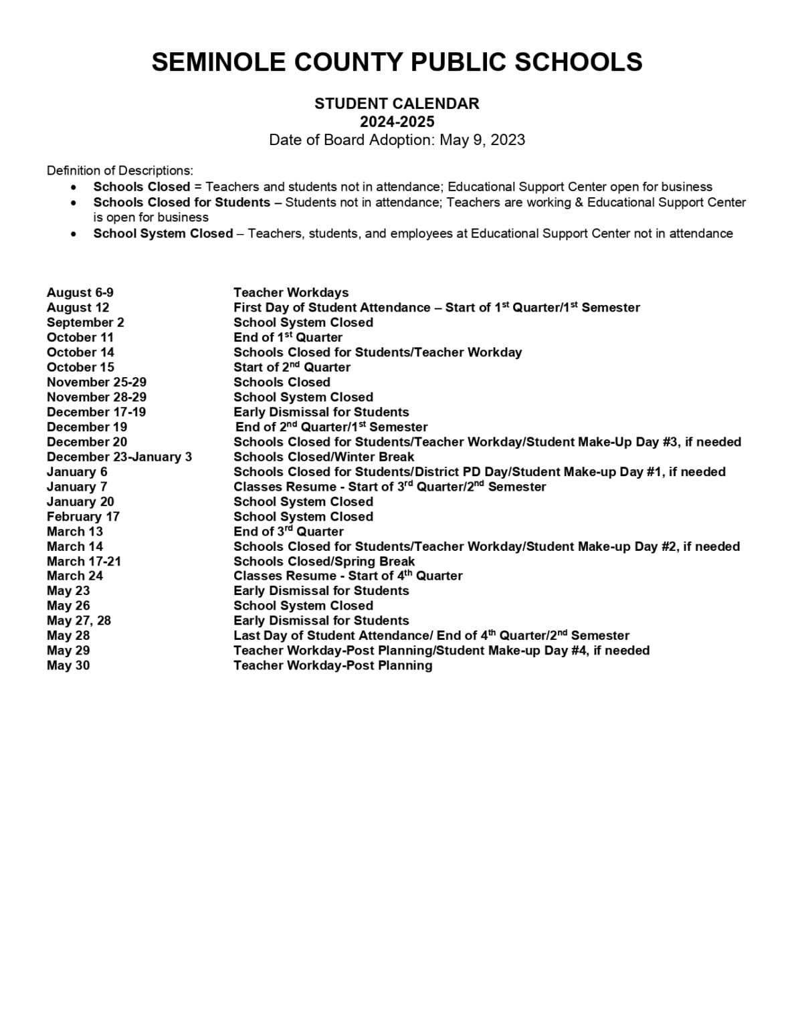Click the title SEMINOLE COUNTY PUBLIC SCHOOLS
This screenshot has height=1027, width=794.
pyautogui.click(x=397, y=62)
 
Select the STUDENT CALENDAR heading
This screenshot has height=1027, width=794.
pyautogui.click(x=397, y=104)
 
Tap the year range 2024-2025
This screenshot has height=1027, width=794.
pyautogui.click(x=397, y=122)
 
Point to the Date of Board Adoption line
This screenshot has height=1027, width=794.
pyautogui.click(x=397, y=140)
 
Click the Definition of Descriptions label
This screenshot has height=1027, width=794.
pyautogui.click(x=120, y=170)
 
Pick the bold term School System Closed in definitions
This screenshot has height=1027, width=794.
pyautogui.click(x=163, y=233)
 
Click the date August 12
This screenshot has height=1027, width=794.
pyautogui.click(x=78, y=308)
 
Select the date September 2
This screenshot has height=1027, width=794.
pyautogui.click(x=85, y=322)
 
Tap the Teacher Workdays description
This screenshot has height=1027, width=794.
pyautogui.click(x=291, y=293)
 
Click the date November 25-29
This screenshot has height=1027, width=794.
pyautogui.click(x=96, y=382)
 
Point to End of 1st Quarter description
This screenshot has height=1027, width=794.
pyautogui.click(x=288, y=338)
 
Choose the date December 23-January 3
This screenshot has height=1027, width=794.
pyautogui.click(x=119, y=457)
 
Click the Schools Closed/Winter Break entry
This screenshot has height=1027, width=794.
pyautogui.click(x=324, y=457)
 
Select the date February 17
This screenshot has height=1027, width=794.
pyautogui.click(x=83, y=517)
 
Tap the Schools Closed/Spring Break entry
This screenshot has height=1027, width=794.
pyautogui.click(x=324, y=562)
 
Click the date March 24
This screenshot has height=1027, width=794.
pyautogui.click(x=75, y=576)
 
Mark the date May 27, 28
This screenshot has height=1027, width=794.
pyautogui.click(x=79, y=620)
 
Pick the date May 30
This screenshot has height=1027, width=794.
pyautogui.click(x=68, y=665)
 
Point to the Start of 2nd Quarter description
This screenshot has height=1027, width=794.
pyautogui.click(x=292, y=367)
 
